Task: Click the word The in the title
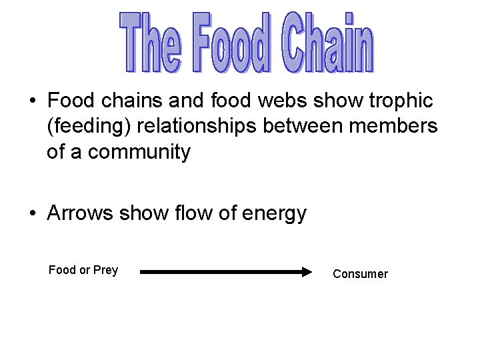[150, 42]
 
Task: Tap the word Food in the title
[231, 42]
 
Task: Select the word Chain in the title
[326, 42]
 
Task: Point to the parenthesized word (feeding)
[91, 126]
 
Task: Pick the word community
[139, 152]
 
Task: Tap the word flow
[195, 213]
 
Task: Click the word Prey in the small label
[105, 270]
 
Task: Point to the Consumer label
[360, 274]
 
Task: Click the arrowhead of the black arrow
[307, 272]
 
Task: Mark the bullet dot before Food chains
[32, 102]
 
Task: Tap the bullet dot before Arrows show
[32, 214]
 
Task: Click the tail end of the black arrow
[143, 272]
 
